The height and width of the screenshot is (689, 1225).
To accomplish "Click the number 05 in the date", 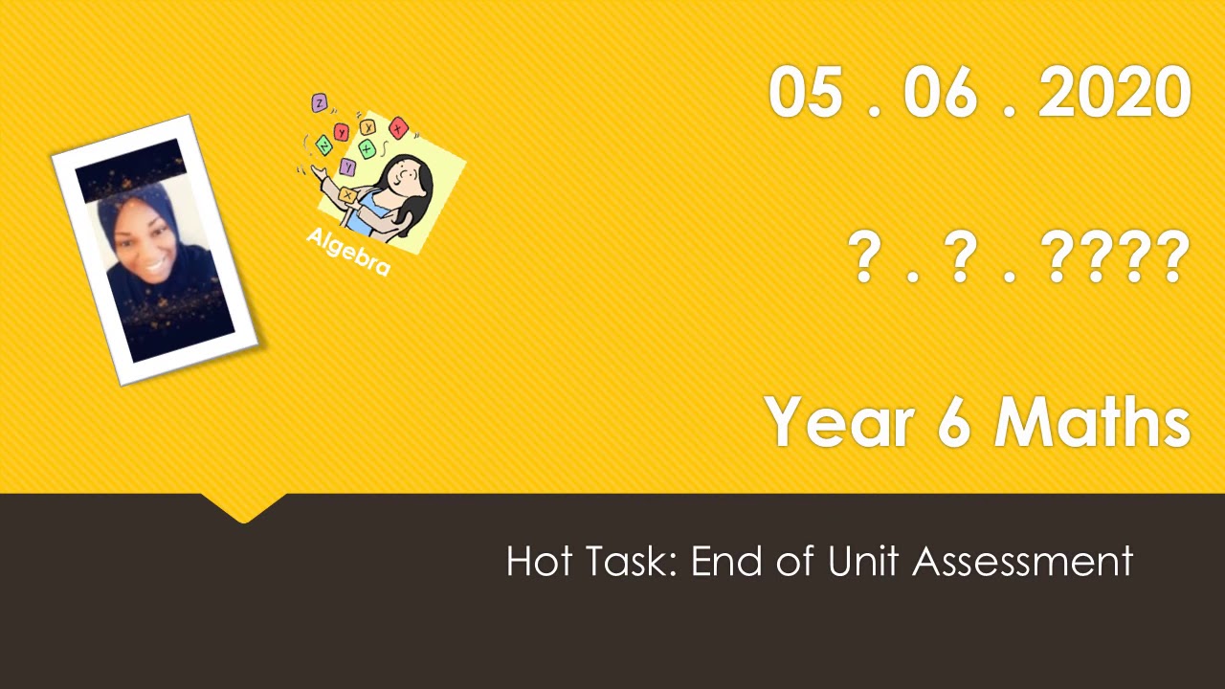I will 805,94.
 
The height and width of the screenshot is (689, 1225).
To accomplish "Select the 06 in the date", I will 940,94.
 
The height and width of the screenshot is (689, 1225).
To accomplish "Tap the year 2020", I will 1114,94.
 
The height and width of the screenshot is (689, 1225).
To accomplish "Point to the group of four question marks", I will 1114,258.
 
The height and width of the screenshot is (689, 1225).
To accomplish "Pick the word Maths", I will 1092,423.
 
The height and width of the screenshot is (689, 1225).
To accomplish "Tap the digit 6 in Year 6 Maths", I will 952,423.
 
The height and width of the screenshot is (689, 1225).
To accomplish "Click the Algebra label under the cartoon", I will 348,252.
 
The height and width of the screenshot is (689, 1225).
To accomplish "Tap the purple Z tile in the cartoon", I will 320,102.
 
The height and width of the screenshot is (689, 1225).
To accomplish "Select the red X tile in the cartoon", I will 399,129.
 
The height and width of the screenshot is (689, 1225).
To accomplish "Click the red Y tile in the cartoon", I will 341,133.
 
